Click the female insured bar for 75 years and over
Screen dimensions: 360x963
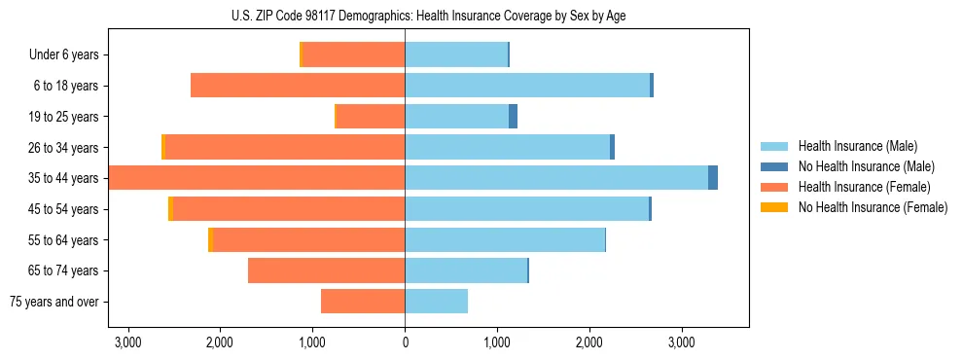click(363, 302)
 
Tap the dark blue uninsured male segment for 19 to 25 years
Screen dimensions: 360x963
click(513, 117)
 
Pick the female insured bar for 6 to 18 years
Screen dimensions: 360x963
click(298, 86)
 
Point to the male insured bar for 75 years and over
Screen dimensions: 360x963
click(436, 302)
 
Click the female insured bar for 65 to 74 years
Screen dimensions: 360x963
click(326, 270)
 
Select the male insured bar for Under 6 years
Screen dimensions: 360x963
click(456, 54)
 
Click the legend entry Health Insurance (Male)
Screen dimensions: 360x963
click(856, 146)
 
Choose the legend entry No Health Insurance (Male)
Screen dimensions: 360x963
click(865, 166)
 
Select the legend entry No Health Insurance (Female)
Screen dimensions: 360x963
click(872, 207)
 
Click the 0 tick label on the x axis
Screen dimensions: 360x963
click(405, 342)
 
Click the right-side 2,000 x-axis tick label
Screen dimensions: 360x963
click(589, 342)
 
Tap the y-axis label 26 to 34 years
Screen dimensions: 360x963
click(65, 148)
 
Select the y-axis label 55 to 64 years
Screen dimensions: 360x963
click(65, 240)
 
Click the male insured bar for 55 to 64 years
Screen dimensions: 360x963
click(505, 240)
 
